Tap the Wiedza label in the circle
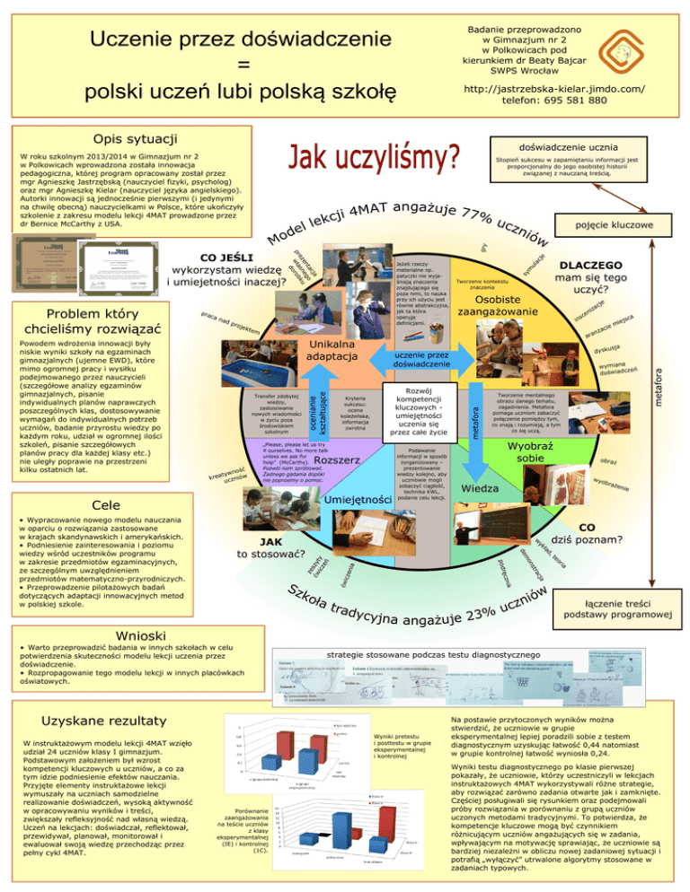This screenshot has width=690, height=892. point(482,489)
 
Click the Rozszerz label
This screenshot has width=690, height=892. point(339,459)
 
